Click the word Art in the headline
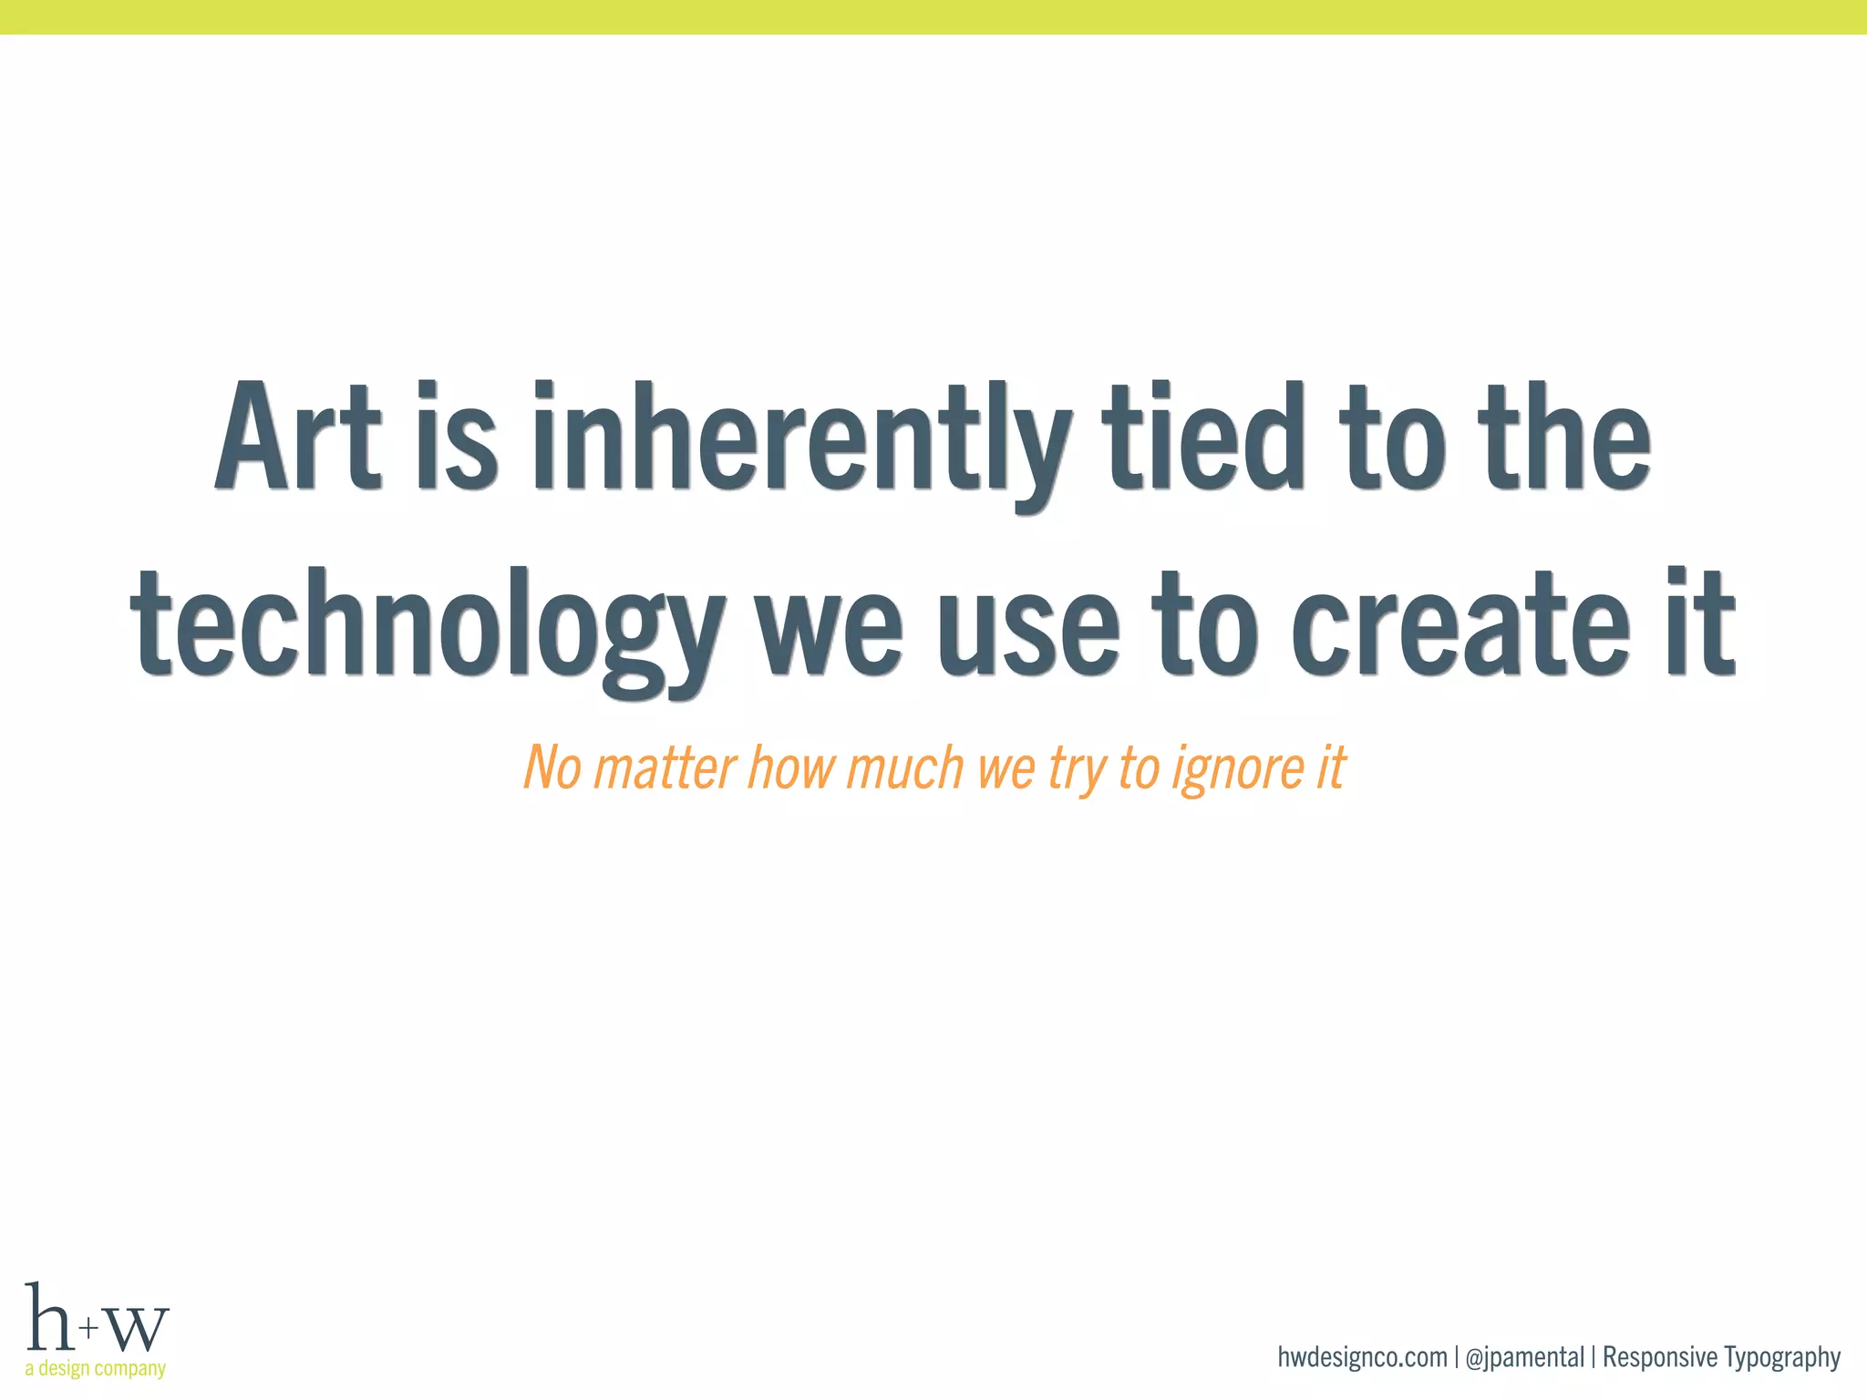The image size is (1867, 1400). click(x=298, y=437)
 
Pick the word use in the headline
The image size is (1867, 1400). click(x=1027, y=629)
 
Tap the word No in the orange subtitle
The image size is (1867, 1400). click(x=552, y=767)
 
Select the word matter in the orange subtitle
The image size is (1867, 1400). click(x=665, y=767)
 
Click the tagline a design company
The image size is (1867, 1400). click(x=96, y=1369)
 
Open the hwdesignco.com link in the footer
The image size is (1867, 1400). click(x=1362, y=1357)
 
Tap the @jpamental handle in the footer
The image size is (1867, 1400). click(x=1524, y=1358)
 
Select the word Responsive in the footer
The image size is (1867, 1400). click(x=1659, y=1358)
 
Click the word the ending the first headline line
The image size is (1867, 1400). click(x=1564, y=437)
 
